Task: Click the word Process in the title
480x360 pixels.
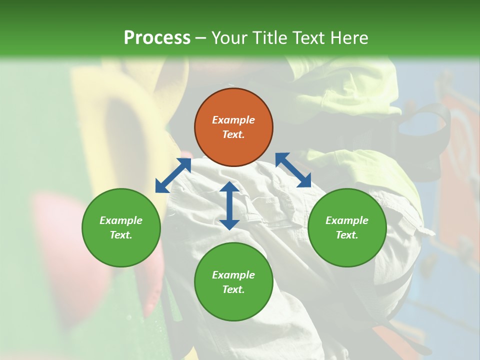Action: (157, 38)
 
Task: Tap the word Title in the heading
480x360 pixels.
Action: (273, 38)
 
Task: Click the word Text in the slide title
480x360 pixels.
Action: (311, 38)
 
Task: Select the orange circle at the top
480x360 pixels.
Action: (233, 127)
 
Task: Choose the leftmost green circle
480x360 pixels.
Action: (121, 227)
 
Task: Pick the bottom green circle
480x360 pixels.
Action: (233, 282)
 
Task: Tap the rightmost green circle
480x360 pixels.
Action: (347, 227)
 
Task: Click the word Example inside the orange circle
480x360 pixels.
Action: (233, 120)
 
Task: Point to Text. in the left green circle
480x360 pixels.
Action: (121, 235)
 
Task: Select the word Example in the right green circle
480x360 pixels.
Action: (347, 220)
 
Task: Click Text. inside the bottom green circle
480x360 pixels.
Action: (233, 289)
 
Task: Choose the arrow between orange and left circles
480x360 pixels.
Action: (173, 175)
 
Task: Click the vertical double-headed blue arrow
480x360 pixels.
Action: (229, 205)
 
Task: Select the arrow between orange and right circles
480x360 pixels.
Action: (293, 170)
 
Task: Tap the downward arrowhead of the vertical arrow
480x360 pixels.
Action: (229, 223)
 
